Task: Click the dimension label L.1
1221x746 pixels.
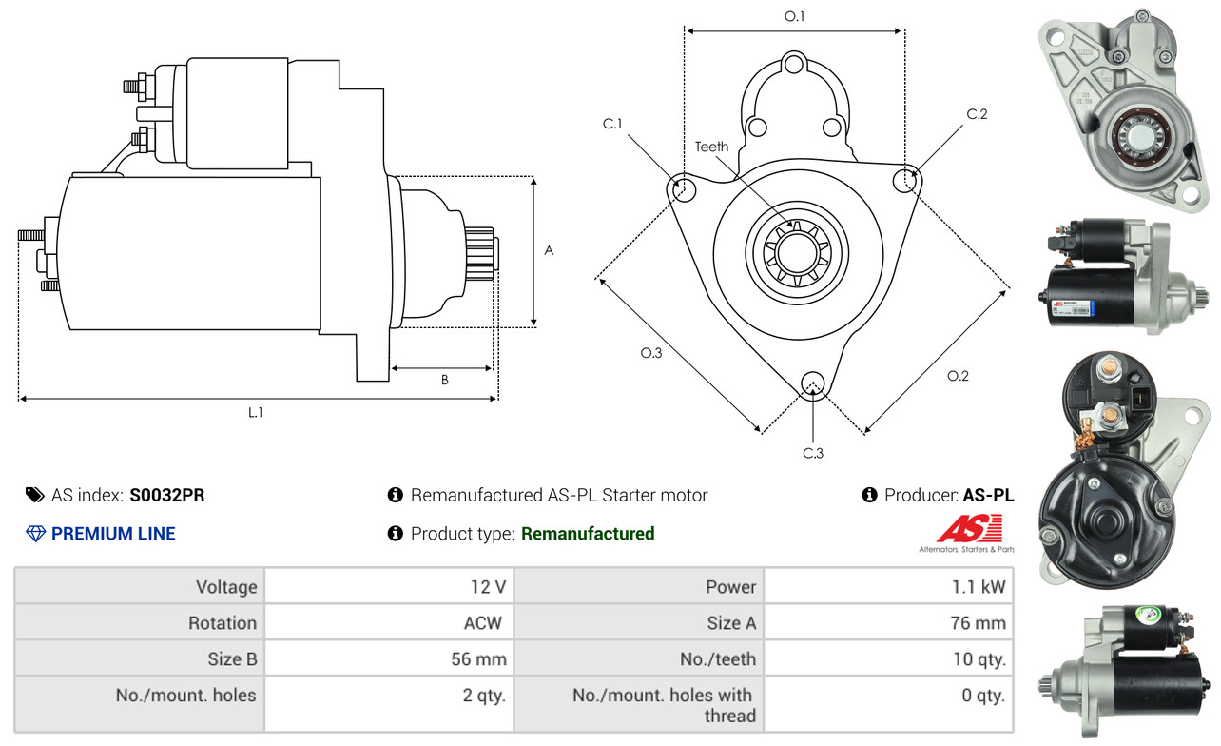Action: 255,413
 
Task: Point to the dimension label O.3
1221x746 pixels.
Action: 650,353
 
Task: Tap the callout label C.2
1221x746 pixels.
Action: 977,115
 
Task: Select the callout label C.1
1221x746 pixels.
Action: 612,124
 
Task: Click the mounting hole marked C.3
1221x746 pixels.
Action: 812,383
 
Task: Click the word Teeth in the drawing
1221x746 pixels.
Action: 711,147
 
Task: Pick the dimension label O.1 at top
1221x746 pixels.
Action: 794,17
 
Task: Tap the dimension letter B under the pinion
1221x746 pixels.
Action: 444,380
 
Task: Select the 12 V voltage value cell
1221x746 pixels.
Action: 488,586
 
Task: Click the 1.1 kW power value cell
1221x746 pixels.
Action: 979,586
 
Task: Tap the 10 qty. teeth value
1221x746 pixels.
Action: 979,658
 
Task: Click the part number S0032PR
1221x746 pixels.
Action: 167,495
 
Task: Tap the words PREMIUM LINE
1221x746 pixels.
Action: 113,534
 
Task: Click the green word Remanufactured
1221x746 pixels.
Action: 588,534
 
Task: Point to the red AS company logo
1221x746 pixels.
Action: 969,528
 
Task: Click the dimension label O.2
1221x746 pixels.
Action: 958,376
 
